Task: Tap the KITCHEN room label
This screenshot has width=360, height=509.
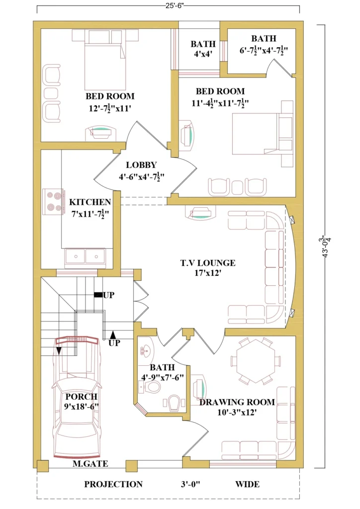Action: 90,202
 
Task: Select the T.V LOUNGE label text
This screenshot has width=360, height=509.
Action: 208,263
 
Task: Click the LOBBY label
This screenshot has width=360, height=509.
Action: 141,165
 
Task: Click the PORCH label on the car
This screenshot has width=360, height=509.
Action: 79,397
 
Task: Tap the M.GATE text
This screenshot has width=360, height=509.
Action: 90,464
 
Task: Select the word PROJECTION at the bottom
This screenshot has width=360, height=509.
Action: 113,484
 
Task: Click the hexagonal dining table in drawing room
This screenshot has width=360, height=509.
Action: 257,361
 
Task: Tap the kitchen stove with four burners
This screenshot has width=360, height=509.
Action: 53,200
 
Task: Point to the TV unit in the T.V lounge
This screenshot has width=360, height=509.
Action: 203,212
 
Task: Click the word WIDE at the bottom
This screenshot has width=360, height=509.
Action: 247,484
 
